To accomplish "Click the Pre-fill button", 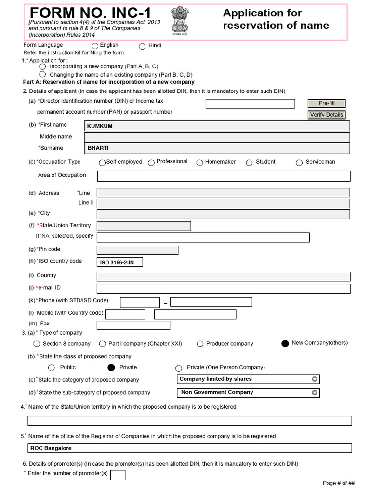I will coord(326,104).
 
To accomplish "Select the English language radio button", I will coord(95,46).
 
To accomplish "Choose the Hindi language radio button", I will coord(142,46).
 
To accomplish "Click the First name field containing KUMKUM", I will coord(217,126).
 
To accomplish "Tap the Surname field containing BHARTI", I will coord(217,148).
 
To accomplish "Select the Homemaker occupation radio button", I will coord(200,163).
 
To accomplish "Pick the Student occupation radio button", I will coord(249,163).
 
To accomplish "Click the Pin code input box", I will coord(137,250).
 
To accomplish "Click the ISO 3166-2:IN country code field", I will coord(120,262).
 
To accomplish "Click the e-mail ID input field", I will coord(224,288).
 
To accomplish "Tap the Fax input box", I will coord(133,325).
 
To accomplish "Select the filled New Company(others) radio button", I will coord(285,343).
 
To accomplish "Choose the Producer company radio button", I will coord(200,344).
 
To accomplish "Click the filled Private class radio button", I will coord(111,368).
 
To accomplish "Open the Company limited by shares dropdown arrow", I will coord(314,379).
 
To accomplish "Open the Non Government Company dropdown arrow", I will coord(314,393).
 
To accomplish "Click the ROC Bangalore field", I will coord(189,448).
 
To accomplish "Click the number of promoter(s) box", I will coord(118,475).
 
